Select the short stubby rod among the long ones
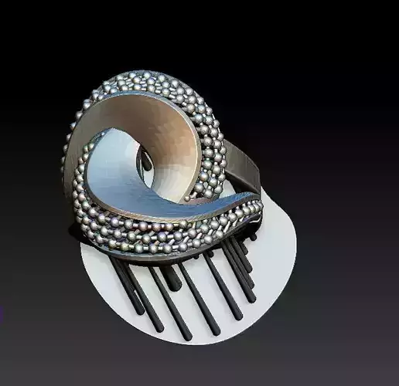click(x=173, y=278)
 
